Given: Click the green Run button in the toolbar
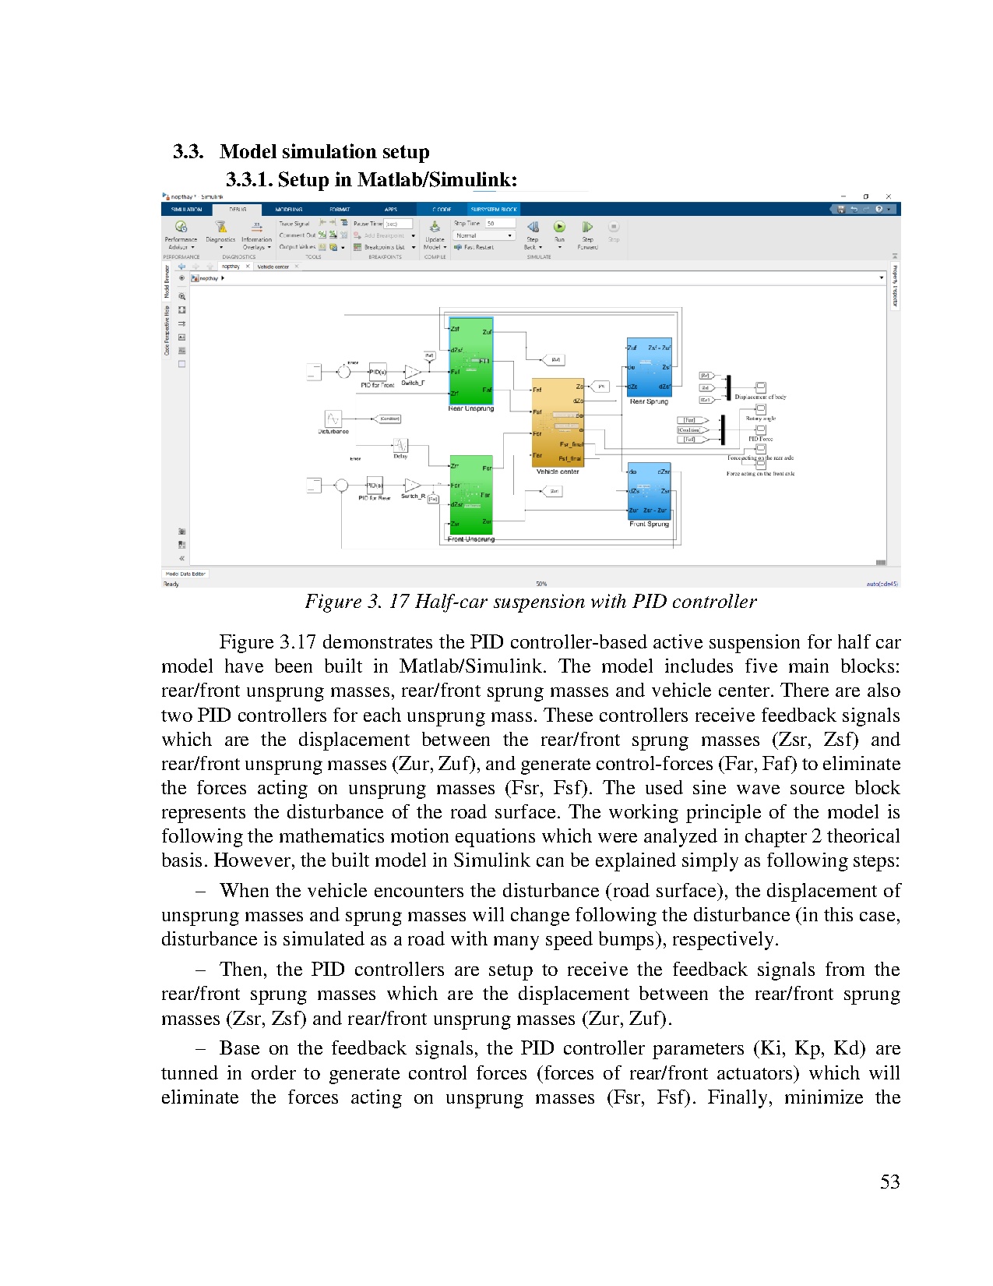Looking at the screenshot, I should (559, 226).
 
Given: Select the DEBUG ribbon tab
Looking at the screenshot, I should (238, 209).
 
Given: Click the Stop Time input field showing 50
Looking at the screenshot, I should (500, 224).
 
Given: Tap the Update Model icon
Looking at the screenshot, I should (435, 227).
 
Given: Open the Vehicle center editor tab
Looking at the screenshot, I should (273, 267).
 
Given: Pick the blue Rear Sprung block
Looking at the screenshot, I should (649, 366).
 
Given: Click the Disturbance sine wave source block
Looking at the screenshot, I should (333, 419).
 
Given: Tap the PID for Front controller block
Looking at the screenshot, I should (377, 372).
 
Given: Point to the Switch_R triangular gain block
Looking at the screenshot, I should (412, 486).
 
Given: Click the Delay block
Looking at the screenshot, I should (400, 445).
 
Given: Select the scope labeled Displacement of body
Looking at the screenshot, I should (761, 387).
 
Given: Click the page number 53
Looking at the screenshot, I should (889, 1182).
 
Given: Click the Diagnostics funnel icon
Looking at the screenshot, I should (220, 227).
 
